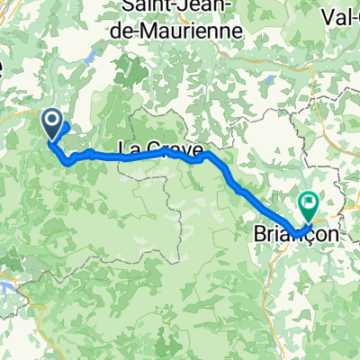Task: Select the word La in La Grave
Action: (127, 147)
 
